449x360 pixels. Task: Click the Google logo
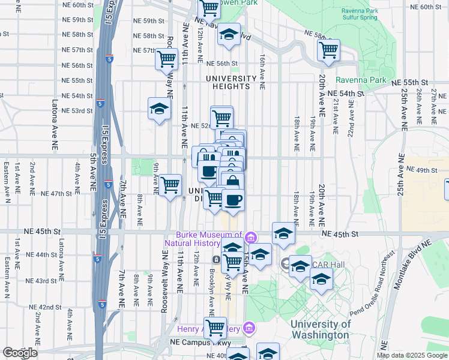click(20, 353)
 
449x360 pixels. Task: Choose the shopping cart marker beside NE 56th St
click(166, 59)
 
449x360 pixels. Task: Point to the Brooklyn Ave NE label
click(212, 292)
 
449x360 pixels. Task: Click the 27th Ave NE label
click(433, 103)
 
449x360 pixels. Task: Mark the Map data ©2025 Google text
click(412, 355)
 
